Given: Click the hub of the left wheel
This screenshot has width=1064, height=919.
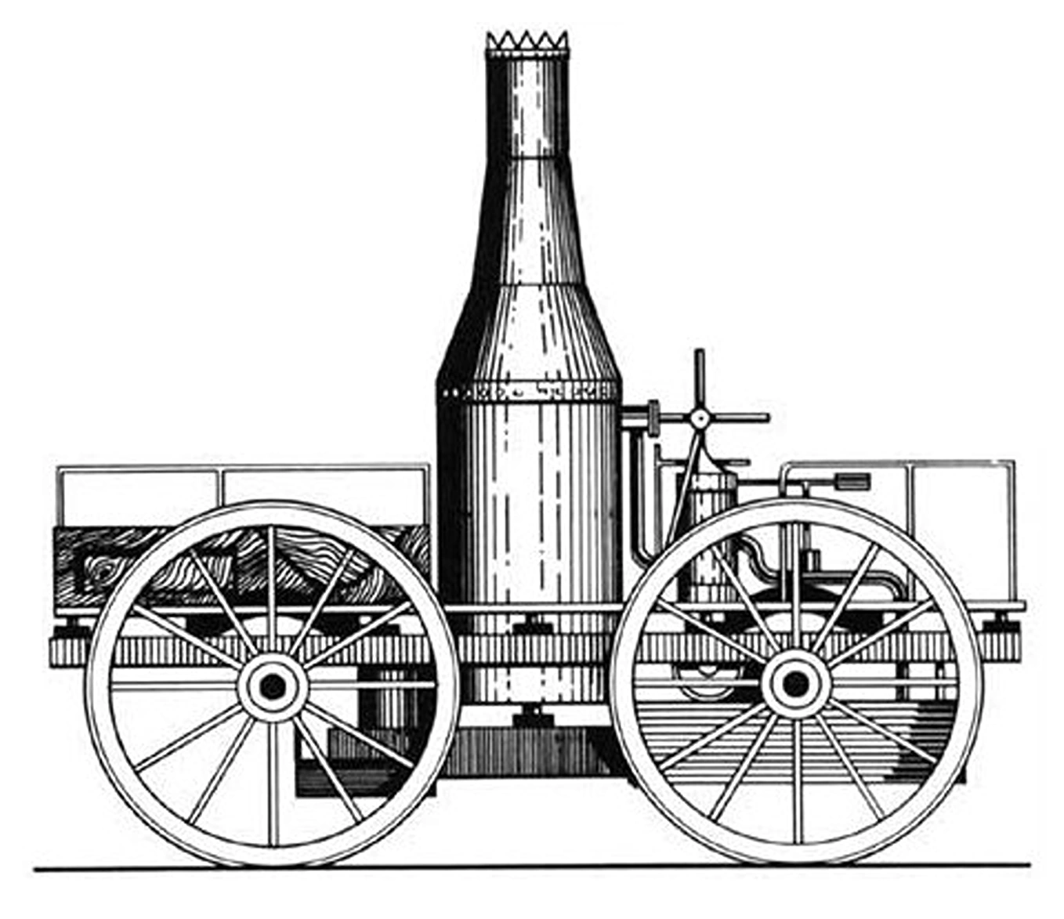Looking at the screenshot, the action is tap(272, 686).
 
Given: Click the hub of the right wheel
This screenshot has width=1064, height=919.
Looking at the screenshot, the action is tap(795, 684).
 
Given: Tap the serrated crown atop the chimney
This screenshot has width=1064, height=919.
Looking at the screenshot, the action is tap(527, 44).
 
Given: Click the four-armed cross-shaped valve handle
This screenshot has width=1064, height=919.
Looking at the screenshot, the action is tap(700, 418).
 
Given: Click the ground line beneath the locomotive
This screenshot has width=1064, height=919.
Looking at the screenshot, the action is tap(533, 867).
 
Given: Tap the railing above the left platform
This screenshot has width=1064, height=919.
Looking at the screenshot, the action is tap(243, 469).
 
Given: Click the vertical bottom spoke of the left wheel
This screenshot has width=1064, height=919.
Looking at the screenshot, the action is tap(273, 783).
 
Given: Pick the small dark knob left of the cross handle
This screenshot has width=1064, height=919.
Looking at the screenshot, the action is tap(653, 418).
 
